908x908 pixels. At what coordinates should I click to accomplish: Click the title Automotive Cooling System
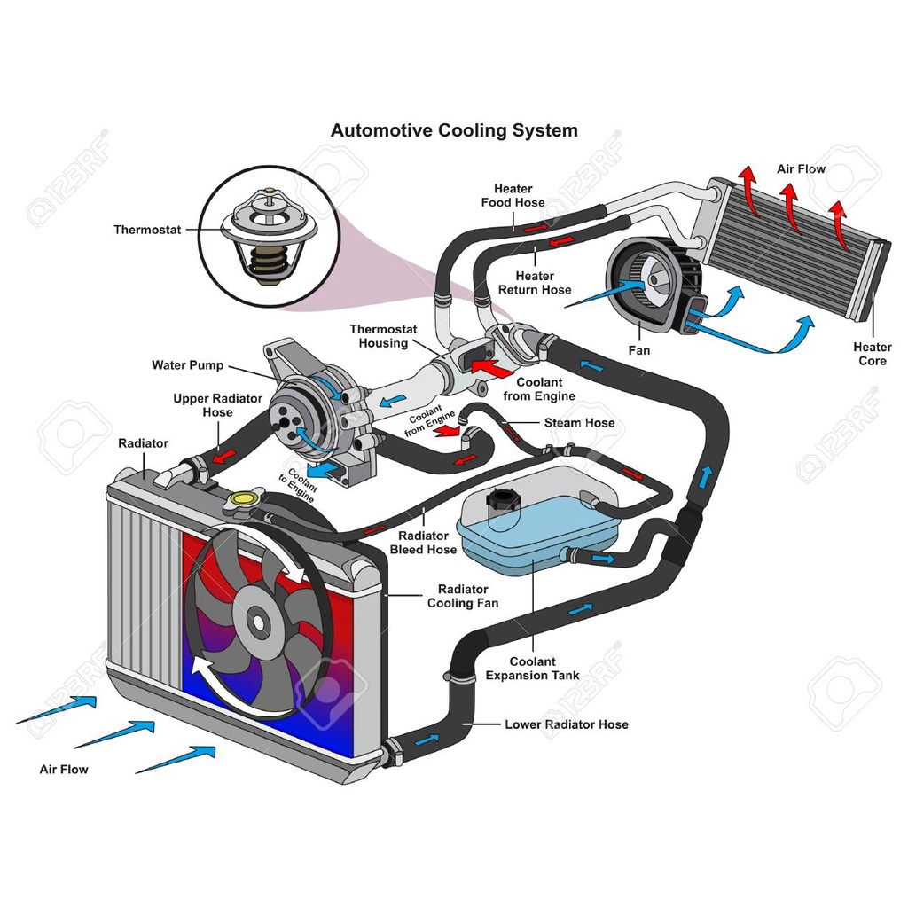454,130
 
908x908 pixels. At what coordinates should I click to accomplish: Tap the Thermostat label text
147,230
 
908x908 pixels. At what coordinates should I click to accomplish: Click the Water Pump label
188,365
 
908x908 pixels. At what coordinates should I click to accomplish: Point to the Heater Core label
873,354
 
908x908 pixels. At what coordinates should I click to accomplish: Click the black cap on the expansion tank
502,498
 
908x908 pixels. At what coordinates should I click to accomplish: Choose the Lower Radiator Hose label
567,724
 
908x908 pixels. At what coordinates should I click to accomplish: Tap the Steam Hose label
579,423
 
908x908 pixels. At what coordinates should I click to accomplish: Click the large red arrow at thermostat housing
492,368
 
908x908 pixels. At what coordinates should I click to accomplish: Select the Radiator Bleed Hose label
423,543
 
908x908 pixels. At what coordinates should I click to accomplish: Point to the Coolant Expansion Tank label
532,669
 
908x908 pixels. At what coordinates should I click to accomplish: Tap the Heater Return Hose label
535,283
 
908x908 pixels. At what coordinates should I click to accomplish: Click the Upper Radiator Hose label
218,405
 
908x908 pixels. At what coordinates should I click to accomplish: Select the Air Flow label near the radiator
64,770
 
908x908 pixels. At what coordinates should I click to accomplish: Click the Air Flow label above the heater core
801,169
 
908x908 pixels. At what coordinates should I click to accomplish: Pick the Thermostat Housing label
383,336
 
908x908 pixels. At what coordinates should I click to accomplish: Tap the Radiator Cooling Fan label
463,596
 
